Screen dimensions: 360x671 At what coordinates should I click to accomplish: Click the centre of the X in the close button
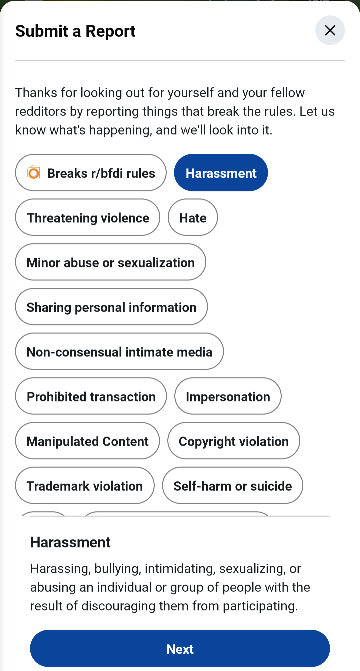330,30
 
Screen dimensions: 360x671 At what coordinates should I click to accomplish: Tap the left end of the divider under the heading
15,60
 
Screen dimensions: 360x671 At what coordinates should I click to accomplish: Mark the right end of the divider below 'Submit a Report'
345,60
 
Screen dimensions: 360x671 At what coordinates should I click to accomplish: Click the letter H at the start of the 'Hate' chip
184,218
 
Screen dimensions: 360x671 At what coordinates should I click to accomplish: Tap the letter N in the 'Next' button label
171,649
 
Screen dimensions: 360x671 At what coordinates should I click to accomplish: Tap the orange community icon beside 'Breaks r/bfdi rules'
34,172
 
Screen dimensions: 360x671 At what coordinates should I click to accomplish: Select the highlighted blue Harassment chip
221,172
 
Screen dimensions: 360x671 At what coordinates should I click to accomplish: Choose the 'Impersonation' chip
228,396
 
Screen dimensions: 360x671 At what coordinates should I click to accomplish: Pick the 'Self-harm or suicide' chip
233,485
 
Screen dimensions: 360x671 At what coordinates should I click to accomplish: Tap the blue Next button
180,648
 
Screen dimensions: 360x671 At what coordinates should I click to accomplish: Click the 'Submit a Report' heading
75,31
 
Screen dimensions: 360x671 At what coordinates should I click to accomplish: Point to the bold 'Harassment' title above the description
70,542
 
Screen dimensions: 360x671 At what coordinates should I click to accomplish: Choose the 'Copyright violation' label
234,442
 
